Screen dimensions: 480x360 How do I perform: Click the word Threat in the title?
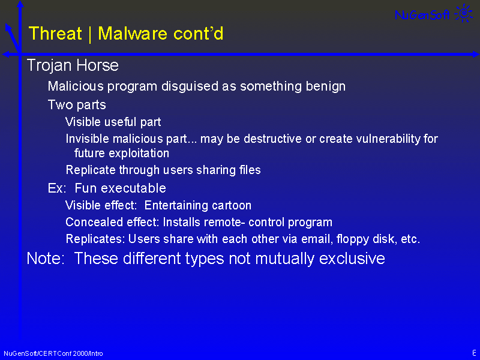coord(55,33)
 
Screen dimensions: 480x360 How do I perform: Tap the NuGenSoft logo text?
coord(422,14)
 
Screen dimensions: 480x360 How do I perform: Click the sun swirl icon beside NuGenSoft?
coord(463,13)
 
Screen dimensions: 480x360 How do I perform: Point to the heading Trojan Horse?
coord(73,65)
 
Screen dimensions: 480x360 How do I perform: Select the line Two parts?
coord(77,105)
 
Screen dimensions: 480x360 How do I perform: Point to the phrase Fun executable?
coord(121,188)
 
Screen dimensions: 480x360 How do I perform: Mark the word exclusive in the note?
coord(352,259)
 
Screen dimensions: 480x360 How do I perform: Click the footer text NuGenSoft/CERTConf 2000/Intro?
coord(53,353)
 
